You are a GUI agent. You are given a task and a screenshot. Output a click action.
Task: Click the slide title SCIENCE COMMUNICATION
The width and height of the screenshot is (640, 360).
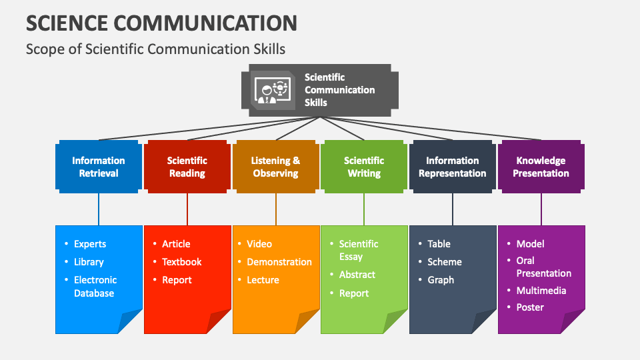[x=161, y=23]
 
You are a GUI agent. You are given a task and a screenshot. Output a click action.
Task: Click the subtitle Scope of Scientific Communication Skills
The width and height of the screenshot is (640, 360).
[x=155, y=49]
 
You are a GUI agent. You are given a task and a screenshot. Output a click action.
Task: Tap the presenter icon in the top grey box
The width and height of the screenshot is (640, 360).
[x=273, y=91]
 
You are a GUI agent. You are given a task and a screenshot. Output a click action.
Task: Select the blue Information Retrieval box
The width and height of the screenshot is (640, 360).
[x=99, y=167]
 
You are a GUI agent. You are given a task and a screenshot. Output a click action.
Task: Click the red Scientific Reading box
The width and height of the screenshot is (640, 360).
[x=187, y=167]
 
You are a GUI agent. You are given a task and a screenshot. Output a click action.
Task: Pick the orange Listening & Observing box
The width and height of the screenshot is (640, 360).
[x=275, y=167]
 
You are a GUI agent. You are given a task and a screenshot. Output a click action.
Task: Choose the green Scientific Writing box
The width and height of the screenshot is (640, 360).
[x=364, y=167]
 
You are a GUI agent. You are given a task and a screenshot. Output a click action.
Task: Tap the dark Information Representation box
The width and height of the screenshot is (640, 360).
[x=453, y=167]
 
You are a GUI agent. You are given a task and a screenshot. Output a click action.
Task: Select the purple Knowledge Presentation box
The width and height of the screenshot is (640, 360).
[x=541, y=167]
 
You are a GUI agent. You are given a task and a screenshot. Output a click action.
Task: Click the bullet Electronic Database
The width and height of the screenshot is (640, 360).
[x=95, y=287]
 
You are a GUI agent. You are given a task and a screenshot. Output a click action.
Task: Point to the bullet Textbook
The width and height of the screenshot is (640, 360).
[x=181, y=262]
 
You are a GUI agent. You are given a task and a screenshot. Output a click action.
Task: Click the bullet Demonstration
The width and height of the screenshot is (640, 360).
[x=279, y=262]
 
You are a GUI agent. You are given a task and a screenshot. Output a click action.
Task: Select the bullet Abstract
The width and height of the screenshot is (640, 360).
[x=357, y=275]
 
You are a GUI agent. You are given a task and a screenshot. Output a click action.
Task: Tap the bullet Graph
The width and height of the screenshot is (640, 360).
[x=441, y=280]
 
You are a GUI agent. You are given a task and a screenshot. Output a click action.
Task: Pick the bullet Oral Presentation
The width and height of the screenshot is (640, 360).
[x=543, y=267]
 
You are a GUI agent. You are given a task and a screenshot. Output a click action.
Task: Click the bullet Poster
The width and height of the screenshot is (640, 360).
[x=530, y=307]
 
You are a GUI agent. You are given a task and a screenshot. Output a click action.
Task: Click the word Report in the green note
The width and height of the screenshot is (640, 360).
[x=354, y=293]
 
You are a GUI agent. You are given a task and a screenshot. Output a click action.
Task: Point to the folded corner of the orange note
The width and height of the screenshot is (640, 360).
[x=307, y=322]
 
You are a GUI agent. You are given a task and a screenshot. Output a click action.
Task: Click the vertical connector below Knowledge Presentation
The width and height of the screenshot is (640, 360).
[x=541, y=208]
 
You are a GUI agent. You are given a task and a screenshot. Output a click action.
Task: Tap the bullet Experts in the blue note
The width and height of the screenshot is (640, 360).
[x=89, y=244]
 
